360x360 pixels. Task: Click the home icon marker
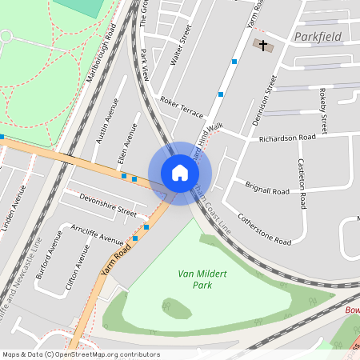pos(180,172)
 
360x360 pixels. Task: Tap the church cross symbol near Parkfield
pos(262,46)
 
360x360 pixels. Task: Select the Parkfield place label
pos(318,37)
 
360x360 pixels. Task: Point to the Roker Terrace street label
pos(182,106)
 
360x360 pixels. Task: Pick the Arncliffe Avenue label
pos(97,234)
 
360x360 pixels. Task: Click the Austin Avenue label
pos(107,121)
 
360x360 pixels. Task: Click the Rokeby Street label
pos(324,111)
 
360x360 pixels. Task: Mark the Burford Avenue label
pos(47,254)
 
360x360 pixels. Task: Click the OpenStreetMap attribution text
pos(81,354)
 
